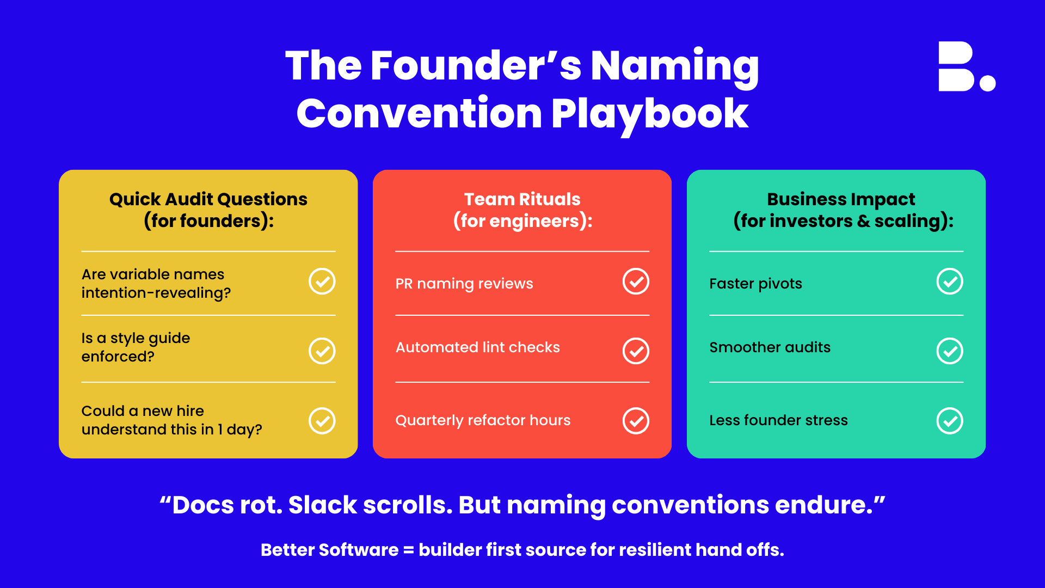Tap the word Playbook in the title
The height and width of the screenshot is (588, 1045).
tap(650, 114)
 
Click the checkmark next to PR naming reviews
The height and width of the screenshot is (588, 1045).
tap(636, 281)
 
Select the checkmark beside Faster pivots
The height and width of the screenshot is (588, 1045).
tap(950, 281)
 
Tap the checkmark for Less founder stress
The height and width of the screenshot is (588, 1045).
tap(950, 421)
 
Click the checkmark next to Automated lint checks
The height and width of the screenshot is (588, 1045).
tap(636, 351)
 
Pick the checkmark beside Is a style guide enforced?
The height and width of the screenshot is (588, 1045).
tap(322, 351)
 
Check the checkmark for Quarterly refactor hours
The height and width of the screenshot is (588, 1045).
tap(636, 421)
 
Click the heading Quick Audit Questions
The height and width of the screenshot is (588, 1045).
tap(208, 199)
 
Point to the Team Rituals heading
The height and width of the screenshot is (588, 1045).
tap(522, 199)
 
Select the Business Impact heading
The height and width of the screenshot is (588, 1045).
tap(841, 199)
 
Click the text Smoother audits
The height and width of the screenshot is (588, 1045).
tap(770, 347)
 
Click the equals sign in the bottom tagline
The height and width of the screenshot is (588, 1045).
tap(409, 550)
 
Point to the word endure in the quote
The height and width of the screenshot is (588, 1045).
tap(820, 505)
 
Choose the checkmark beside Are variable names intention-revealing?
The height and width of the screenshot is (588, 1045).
tap(322, 281)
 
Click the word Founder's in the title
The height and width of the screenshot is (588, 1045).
tap(476, 66)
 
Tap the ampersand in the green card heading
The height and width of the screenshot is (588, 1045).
tap(864, 221)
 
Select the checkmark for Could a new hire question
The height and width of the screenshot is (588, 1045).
tap(322, 421)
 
